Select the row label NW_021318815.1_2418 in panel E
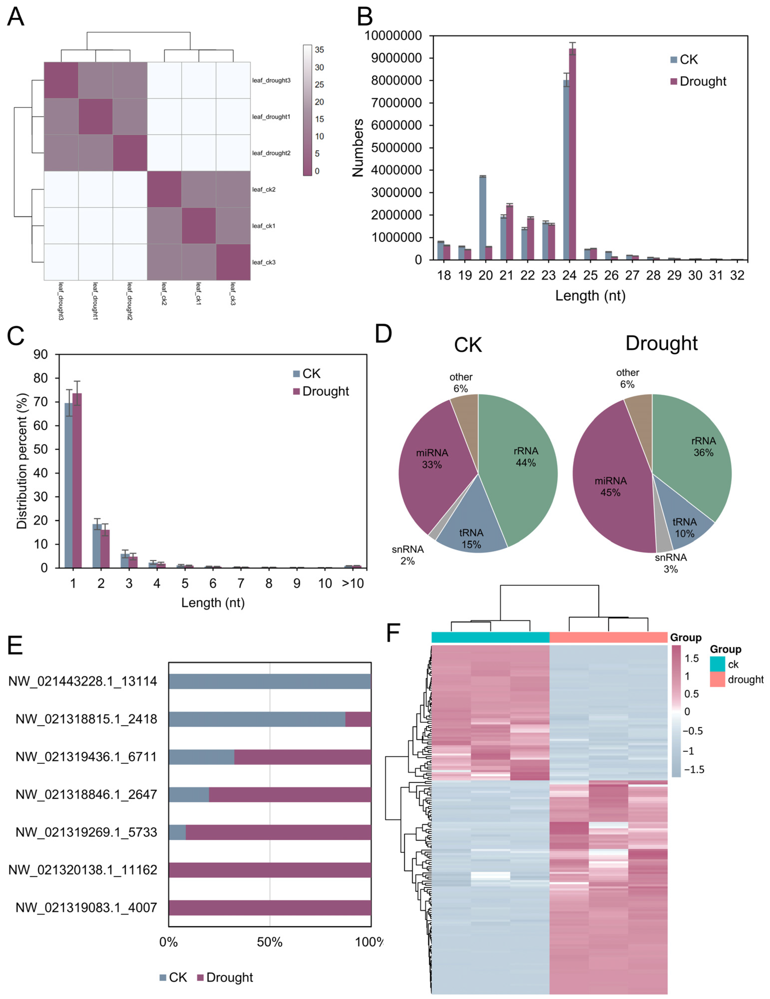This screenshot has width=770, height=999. point(86,719)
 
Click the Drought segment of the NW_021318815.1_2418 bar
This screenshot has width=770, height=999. point(358,719)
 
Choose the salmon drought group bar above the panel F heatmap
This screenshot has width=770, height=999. point(608,637)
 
